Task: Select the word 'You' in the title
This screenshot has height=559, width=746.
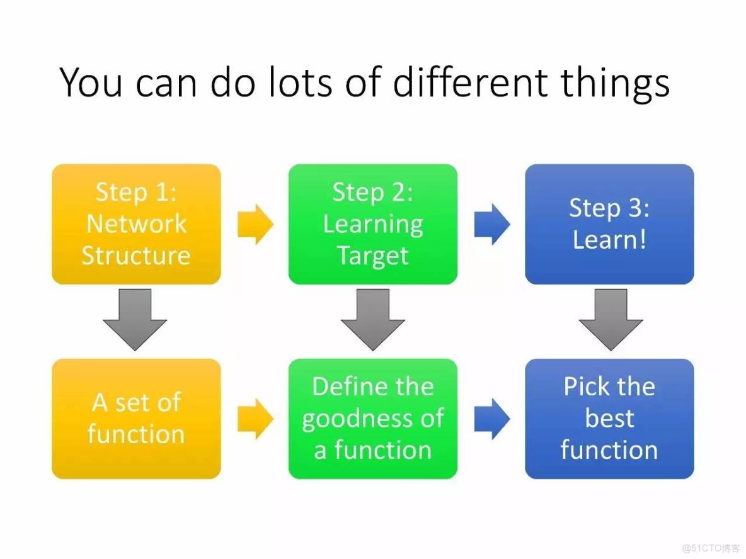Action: click(x=91, y=82)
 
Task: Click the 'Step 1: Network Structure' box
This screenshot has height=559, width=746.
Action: click(x=136, y=224)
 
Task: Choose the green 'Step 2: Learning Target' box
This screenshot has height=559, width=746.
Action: click(x=372, y=224)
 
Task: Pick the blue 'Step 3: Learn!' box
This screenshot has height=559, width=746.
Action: click(x=609, y=224)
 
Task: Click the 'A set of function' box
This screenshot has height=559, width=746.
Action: click(x=136, y=418)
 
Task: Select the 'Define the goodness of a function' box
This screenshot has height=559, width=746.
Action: click(x=372, y=418)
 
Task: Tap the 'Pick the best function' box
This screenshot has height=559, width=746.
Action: click(x=609, y=418)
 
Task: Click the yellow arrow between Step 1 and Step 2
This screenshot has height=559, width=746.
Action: click(x=255, y=224)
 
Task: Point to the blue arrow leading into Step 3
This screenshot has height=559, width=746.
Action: click(x=492, y=224)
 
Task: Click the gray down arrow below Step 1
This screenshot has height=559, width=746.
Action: click(x=135, y=319)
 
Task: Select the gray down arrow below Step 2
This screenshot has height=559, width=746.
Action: click(x=372, y=319)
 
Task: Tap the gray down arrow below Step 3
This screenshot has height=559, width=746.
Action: click(x=611, y=319)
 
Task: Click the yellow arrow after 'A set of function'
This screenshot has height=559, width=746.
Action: click(x=255, y=418)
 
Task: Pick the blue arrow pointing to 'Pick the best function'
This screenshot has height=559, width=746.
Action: click(x=492, y=418)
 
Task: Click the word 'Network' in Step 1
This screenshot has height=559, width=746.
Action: click(x=137, y=223)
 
